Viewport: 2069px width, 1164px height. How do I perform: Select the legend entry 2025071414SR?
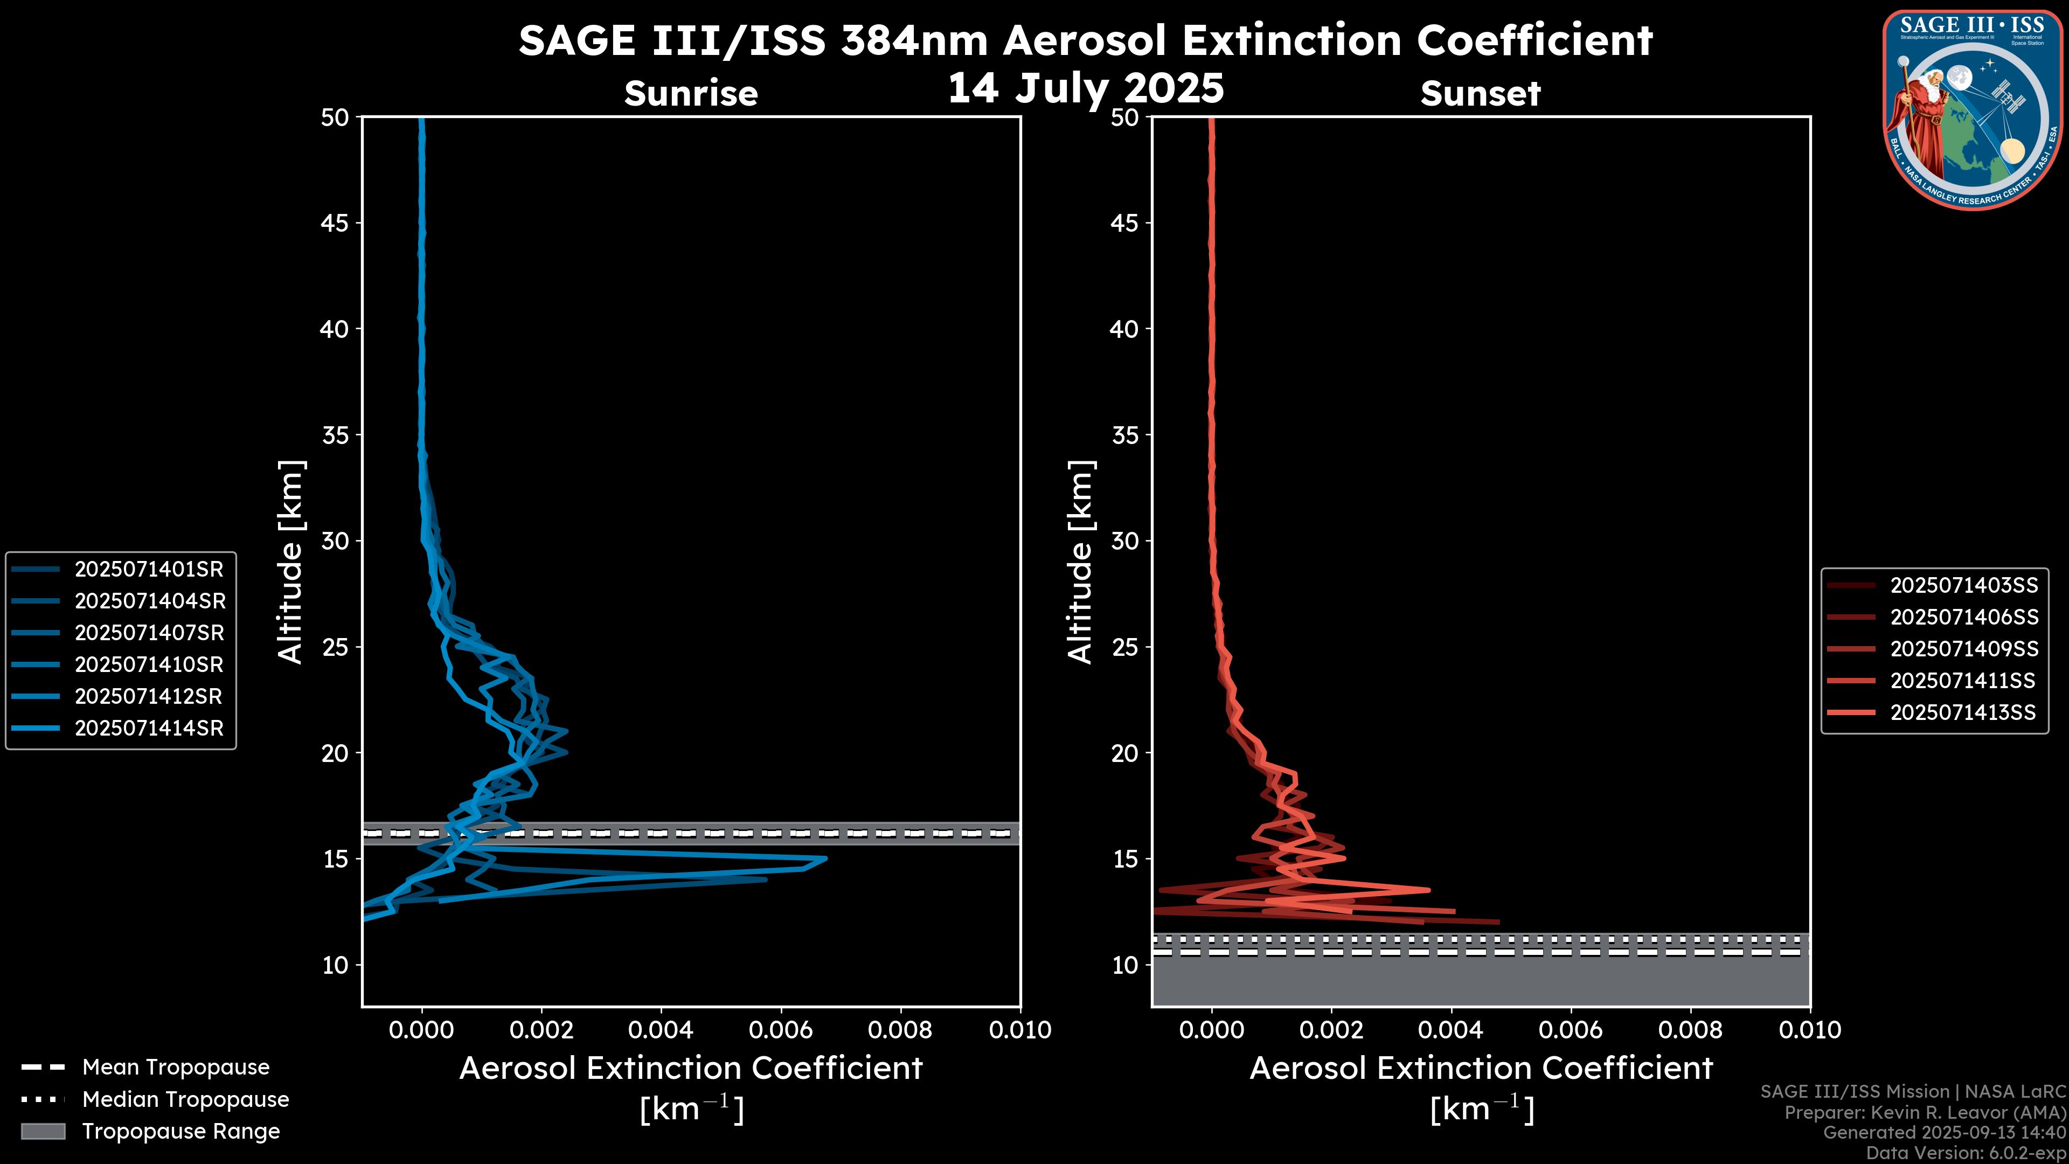[149, 729]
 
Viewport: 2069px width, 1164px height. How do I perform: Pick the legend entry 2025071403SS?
[1963, 586]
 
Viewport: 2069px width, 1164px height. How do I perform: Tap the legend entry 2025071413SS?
[1962, 712]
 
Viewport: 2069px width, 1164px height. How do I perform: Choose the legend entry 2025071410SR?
[149, 665]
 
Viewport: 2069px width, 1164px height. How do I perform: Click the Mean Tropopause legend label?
[176, 1068]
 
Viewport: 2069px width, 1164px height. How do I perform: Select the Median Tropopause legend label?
[185, 1100]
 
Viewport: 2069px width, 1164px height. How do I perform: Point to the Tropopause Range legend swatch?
[43, 1132]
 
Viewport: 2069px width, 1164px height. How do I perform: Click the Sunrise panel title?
[691, 94]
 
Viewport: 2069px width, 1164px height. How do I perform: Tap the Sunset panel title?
[1480, 94]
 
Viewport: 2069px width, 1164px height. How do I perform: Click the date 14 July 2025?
[1086, 88]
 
